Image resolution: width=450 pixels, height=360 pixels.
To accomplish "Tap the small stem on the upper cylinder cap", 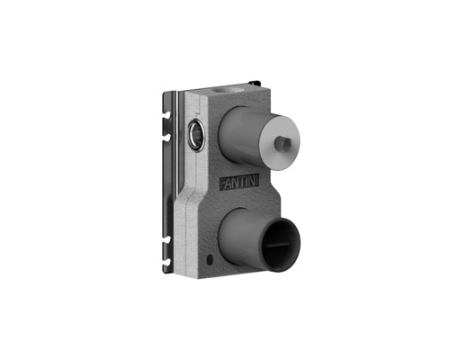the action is pos(283,141).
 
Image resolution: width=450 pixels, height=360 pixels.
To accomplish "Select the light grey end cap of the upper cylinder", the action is pos(279,142).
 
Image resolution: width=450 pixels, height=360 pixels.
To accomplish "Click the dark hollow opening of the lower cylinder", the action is pos(281,246).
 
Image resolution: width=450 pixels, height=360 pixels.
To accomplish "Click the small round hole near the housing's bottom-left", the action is pos(210,258).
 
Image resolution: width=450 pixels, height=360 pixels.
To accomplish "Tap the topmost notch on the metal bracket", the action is pos(166,114).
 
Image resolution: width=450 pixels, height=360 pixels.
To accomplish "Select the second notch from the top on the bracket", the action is pos(166,137).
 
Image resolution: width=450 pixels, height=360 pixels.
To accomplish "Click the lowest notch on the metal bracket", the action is pos(166,263).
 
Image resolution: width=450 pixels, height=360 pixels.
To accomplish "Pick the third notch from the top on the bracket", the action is pos(166,239).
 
